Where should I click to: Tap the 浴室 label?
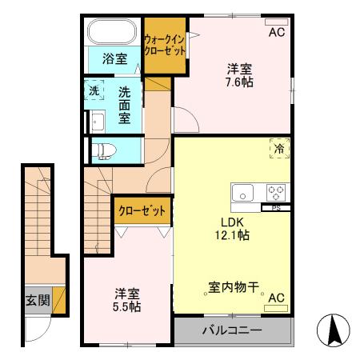point(114,58)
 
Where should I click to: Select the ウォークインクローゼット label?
point(164,44)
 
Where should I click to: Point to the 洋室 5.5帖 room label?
point(126,300)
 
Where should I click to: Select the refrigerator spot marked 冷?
point(279,148)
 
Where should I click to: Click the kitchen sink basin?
point(243,192)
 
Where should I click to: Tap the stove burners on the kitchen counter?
point(276,192)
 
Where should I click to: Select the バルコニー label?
point(233,330)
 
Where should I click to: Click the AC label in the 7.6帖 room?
point(277,33)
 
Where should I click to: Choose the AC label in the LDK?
point(277,298)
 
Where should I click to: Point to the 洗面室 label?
point(125,104)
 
